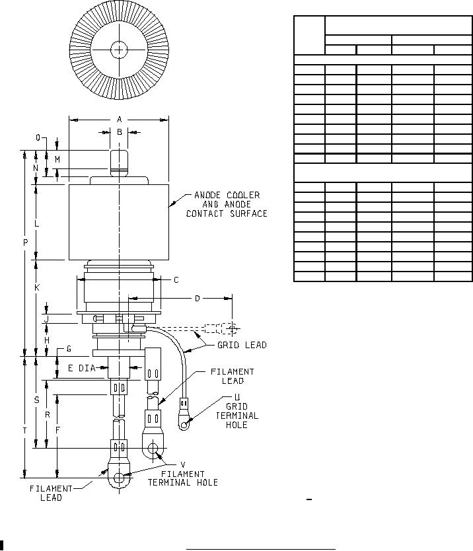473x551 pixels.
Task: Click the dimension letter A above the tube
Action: (119, 120)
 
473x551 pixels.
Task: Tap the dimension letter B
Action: (120, 132)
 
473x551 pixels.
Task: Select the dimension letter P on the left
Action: (25, 242)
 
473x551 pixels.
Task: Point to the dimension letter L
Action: (37, 224)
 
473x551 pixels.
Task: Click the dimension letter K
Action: (37, 287)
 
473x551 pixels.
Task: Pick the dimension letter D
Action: (197, 299)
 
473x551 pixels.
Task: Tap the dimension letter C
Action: (176, 279)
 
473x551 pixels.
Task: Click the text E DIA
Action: (81, 368)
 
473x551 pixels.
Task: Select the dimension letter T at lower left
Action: (24, 431)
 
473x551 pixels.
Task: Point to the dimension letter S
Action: (36, 400)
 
